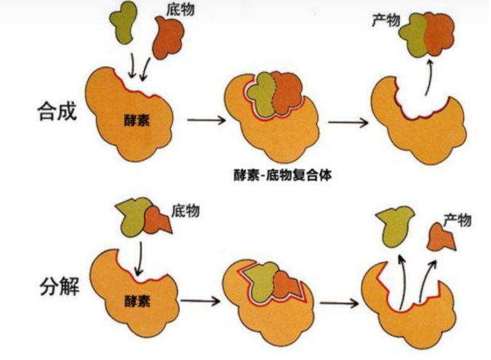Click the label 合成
pos(55,113)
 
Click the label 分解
pos(55,287)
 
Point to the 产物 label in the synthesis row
pos(386,19)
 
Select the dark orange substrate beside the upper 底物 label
pos(168,39)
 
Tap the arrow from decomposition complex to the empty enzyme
pos(339,301)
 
